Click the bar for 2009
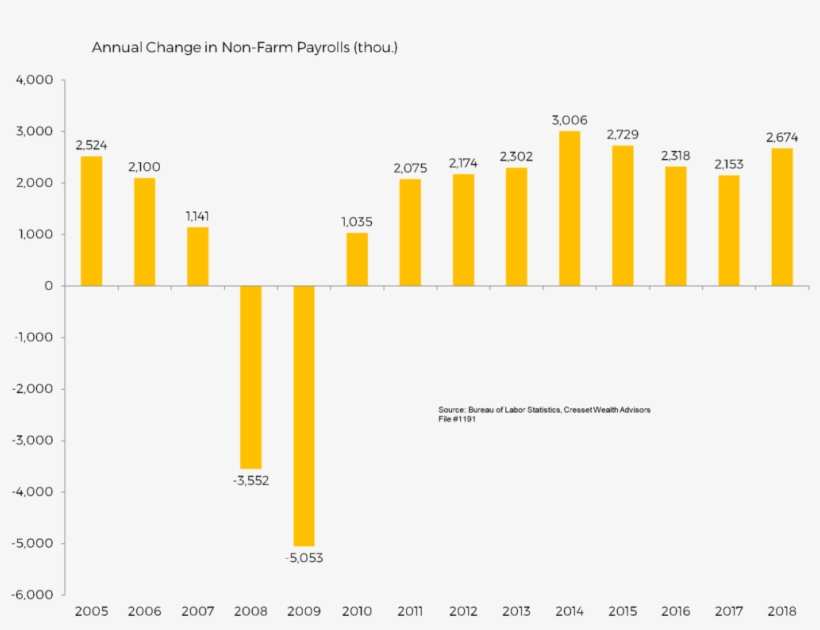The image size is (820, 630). [x=304, y=415]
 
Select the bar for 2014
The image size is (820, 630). [x=569, y=208]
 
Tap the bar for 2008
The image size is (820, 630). [x=251, y=377]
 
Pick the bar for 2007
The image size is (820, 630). [x=198, y=256]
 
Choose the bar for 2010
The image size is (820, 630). [x=357, y=259]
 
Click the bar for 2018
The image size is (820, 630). [x=781, y=217]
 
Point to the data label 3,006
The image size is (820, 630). [x=569, y=120]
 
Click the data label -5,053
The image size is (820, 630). [x=304, y=558]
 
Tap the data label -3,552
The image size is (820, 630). [x=251, y=480]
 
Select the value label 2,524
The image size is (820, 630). [x=92, y=145]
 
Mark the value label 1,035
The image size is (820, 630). [x=357, y=222]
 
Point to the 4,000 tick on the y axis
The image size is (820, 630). [x=35, y=80]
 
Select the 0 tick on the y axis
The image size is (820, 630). [x=47, y=286]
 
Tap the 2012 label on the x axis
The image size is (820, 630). [x=463, y=611]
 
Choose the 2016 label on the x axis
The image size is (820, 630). [x=675, y=611]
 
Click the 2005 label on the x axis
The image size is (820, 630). [x=92, y=611]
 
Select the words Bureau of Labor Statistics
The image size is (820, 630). [x=511, y=410]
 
